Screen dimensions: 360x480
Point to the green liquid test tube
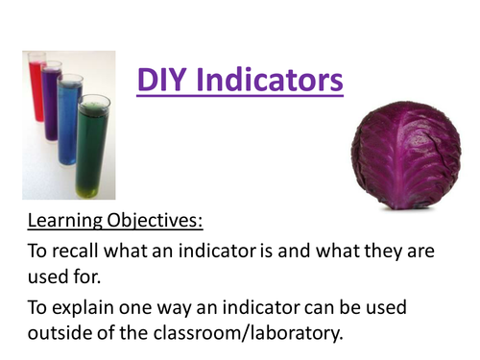click(91, 145)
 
